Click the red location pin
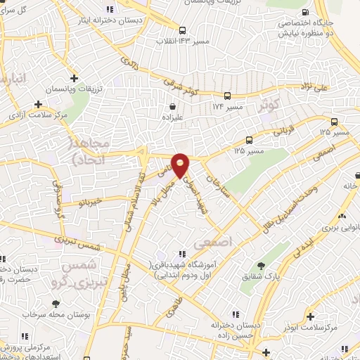click(x=181, y=165)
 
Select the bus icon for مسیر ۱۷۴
click(x=227, y=96)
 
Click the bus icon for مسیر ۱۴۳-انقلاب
click(x=182, y=30)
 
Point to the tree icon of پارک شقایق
click(x=262, y=266)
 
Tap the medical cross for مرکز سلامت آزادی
click(x=38, y=104)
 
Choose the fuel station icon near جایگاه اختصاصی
click(x=304, y=12)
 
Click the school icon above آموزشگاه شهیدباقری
click(x=182, y=252)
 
